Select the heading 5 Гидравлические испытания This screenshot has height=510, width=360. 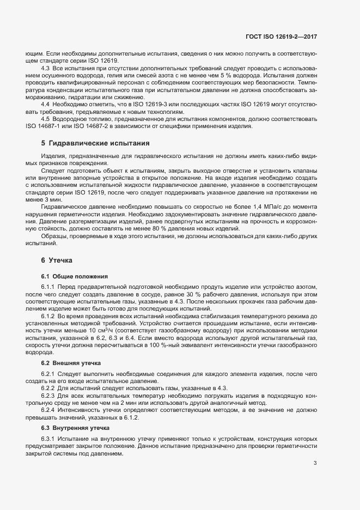tap(95, 143)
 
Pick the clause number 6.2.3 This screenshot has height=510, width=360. tap(48, 394)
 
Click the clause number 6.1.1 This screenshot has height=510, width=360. tap(48, 286)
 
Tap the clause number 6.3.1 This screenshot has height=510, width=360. tap(48, 439)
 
